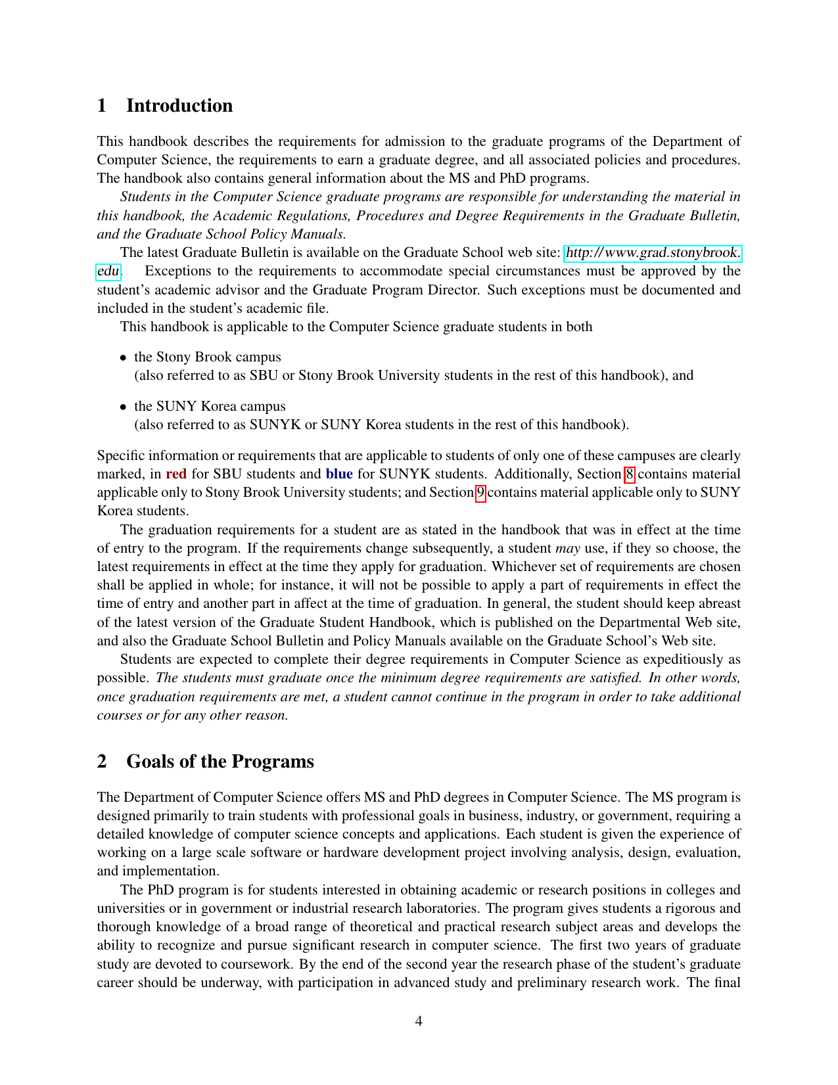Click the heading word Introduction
coord(179,106)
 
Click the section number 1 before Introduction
coord(102,106)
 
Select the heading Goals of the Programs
coord(220,762)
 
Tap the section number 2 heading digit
coord(102,762)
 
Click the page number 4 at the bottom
coord(419,1021)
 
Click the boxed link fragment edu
coord(108,271)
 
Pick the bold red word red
coord(176,474)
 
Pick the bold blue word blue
coord(339,474)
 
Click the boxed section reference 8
coord(630,474)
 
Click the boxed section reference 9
coord(480,492)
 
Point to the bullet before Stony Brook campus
coord(123,358)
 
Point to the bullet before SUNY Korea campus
coord(123,407)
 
